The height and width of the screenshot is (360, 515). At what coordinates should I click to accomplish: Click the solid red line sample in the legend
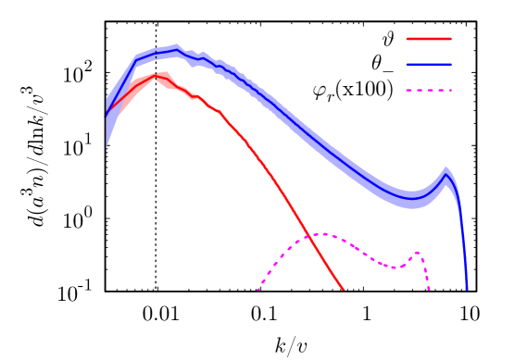(x=429, y=39)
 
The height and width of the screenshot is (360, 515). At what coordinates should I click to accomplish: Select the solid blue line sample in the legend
(x=429, y=65)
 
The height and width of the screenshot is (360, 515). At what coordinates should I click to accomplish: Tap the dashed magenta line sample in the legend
(x=429, y=91)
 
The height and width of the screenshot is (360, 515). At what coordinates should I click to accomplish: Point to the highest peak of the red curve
(x=157, y=75)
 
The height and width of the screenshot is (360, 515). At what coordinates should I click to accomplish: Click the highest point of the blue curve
(x=176, y=51)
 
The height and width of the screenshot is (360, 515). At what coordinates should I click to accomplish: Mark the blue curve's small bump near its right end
(x=446, y=174)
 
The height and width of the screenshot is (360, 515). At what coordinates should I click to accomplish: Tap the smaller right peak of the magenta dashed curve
(x=417, y=252)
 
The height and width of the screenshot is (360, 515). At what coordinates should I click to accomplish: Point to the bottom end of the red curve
(x=345, y=292)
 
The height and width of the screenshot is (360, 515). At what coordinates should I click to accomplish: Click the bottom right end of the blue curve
(x=467, y=291)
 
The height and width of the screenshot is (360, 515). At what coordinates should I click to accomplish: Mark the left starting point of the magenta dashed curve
(x=257, y=292)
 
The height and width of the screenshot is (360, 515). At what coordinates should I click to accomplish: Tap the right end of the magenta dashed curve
(x=429, y=291)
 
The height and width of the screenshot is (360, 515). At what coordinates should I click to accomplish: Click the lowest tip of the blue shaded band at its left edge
(x=107, y=147)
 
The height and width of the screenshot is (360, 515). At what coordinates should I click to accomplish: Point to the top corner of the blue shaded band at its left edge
(x=107, y=99)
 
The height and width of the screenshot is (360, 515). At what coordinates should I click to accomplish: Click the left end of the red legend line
(x=408, y=39)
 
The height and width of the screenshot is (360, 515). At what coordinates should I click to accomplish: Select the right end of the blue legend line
(x=451, y=65)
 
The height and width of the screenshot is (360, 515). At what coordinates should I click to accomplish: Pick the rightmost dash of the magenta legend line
(x=447, y=91)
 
